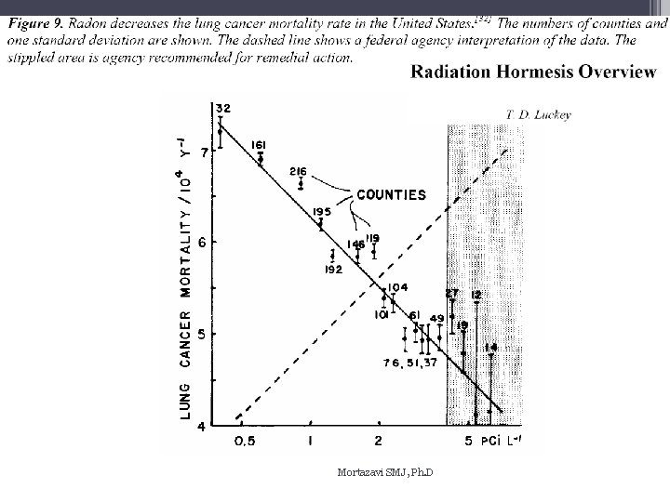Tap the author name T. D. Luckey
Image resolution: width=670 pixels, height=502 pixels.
[538, 115]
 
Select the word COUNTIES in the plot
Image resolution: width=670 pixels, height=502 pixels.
[391, 195]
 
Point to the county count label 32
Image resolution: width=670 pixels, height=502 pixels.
[223, 108]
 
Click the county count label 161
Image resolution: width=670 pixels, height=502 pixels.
[260, 144]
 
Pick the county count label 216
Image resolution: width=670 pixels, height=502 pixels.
[299, 172]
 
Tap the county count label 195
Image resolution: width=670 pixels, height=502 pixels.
[322, 212]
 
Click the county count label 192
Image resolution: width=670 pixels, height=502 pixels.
[334, 270]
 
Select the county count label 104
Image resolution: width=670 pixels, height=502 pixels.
[398, 287]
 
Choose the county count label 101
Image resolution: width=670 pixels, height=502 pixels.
[381, 315]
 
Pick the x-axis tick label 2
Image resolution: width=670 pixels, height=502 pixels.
[379, 441]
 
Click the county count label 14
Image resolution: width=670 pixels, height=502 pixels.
[491, 347]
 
